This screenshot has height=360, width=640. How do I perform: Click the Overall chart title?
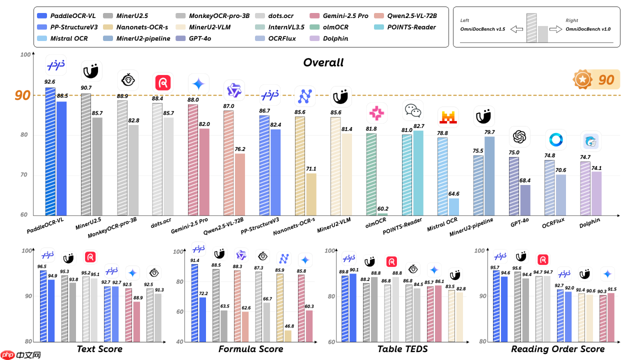(x=323, y=62)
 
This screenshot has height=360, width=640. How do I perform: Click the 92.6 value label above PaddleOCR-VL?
(x=50, y=80)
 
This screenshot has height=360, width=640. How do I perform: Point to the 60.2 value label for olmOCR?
(x=383, y=209)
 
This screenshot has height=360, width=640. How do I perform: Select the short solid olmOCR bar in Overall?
(x=382, y=214)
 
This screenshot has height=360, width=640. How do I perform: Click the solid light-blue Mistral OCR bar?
(x=453, y=206)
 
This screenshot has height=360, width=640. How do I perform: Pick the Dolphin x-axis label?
(x=590, y=223)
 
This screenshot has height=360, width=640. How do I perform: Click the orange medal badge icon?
(x=582, y=79)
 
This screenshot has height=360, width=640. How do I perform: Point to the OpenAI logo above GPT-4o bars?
(x=520, y=136)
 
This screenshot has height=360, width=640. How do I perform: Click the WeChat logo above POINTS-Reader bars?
(x=413, y=110)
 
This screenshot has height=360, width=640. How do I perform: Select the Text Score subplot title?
(x=99, y=349)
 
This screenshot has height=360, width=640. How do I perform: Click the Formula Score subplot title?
(x=250, y=349)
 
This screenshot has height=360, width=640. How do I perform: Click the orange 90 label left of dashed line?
(x=22, y=95)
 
